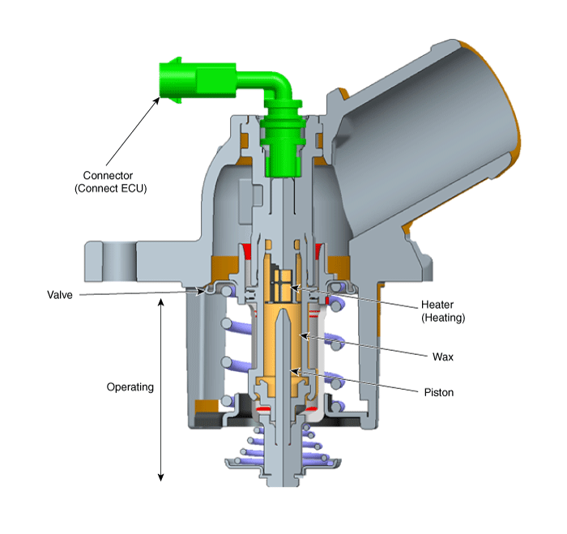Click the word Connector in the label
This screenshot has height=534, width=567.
(108, 176)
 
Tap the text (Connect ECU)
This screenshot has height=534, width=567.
(111, 189)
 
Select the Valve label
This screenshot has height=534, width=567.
(60, 295)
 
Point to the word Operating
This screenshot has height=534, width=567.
(130, 387)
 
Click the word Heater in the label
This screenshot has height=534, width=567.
(437, 305)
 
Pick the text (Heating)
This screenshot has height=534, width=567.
(443, 318)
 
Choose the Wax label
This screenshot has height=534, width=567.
(443, 357)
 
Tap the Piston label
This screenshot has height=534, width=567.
(439, 392)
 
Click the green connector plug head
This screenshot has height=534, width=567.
(179, 80)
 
